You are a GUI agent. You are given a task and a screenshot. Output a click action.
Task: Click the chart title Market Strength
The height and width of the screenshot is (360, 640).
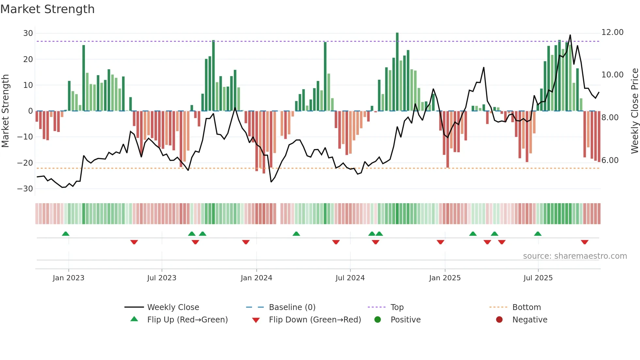pos(47,9)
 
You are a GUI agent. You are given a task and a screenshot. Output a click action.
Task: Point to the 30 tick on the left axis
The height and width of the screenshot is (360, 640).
pos(28,33)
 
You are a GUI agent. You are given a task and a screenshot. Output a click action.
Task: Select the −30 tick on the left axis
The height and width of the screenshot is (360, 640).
pos(25,189)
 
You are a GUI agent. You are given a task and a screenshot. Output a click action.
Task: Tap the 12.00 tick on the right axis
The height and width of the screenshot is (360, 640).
pos(612,32)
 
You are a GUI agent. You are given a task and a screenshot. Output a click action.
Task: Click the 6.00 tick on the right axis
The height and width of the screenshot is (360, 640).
pos(610,160)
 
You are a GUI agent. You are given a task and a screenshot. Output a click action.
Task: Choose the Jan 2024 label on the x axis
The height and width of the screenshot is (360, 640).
pos(256,278)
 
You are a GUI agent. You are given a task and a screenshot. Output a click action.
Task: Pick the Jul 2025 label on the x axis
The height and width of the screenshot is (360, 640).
pos(538,278)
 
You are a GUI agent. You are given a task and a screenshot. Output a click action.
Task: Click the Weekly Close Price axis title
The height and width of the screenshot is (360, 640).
pos(634,111)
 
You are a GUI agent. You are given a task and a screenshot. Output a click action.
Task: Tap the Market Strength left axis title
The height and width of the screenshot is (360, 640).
pos(6,111)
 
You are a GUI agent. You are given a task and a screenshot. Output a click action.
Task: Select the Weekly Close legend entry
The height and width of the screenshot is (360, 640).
pos(173,307)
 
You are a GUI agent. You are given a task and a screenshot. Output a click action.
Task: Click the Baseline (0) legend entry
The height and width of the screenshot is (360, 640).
pos(292,307)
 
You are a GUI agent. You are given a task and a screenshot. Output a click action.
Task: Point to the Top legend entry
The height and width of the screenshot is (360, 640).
pos(397,307)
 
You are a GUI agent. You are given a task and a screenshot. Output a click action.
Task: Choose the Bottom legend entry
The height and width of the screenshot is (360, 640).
pos(526,307)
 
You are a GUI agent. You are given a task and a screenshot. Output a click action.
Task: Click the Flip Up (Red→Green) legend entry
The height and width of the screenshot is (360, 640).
pos(187,320)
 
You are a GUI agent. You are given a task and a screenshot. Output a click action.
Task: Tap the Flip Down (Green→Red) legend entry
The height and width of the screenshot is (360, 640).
pos(315,320)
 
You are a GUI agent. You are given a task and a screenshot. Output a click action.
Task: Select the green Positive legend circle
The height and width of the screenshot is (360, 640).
pos(378,320)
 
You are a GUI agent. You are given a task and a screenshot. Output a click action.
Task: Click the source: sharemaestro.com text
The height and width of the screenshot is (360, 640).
pos(575,256)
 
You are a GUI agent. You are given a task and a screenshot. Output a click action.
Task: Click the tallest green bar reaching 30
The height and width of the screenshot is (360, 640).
pos(397,72)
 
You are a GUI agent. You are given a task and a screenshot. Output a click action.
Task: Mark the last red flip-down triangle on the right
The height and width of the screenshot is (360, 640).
pos(584,242)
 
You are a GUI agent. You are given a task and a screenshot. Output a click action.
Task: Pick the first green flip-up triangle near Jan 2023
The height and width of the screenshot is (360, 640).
pos(66,234)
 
